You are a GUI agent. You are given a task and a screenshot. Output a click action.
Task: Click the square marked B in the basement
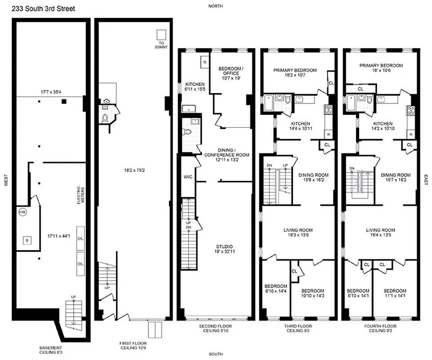(x=27, y=241)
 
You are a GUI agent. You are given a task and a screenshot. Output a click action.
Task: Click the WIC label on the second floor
(x=188, y=177)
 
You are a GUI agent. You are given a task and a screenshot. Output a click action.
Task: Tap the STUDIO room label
(x=223, y=247)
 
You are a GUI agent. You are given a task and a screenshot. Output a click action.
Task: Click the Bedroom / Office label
(x=231, y=71)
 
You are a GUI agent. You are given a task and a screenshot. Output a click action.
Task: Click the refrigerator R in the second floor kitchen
(x=204, y=62)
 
